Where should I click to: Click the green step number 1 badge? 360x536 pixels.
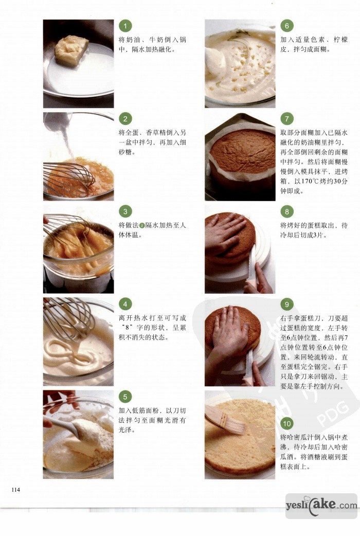tap(125, 26)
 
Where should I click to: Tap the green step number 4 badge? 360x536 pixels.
tap(125, 304)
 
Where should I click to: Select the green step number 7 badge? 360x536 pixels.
tap(287, 119)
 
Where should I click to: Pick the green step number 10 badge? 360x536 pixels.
tap(287, 424)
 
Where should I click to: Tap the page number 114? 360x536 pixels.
tap(16, 490)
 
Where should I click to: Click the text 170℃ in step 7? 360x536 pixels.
tap(308, 181)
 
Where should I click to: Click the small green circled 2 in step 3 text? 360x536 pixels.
tap(142, 226)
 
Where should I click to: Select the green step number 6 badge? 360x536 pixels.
tap(287, 26)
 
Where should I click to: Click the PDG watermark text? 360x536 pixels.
tap(332, 413)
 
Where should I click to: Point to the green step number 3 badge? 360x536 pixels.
tap(125, 211)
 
